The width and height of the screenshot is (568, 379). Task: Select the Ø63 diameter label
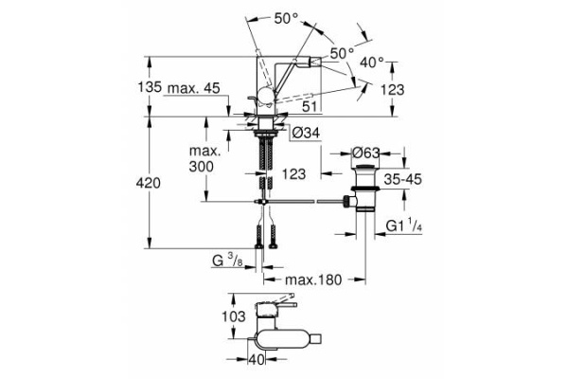pyautogui.click(x=366, y=152)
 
